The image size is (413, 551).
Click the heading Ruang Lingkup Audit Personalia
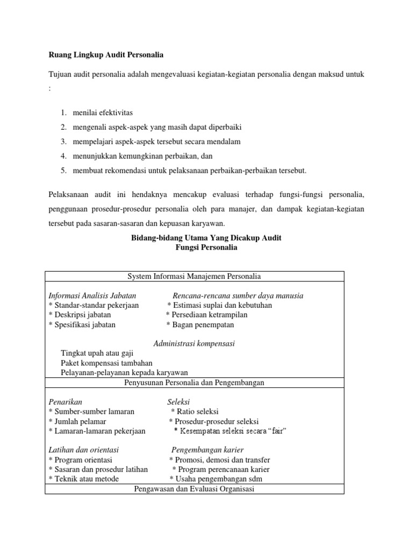tap(105, 54)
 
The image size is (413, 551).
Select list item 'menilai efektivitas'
tap(103, 112)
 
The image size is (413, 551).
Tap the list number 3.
tap(63, 142)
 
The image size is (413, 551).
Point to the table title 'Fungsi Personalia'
tap(206, 248)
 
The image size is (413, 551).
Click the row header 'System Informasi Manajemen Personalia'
tap(194, 277)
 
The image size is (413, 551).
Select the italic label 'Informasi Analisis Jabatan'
tap(92, 295)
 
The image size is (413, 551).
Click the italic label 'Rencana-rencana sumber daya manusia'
tap(238, 295)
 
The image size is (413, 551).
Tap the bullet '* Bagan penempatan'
tap(200, 324)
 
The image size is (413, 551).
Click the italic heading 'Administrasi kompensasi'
tap(194, 343)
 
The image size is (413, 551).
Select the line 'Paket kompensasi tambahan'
tap(106, 363)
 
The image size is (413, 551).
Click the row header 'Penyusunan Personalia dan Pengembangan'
tap(194, 383)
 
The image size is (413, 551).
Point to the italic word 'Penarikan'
tap(65, 402)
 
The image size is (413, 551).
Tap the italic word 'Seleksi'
tap(179, 402)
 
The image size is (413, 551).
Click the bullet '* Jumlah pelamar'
tap(77, 421)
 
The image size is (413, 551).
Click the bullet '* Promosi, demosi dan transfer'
tap(219, 460)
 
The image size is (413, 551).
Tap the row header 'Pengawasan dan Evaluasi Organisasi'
tap(193, 489)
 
